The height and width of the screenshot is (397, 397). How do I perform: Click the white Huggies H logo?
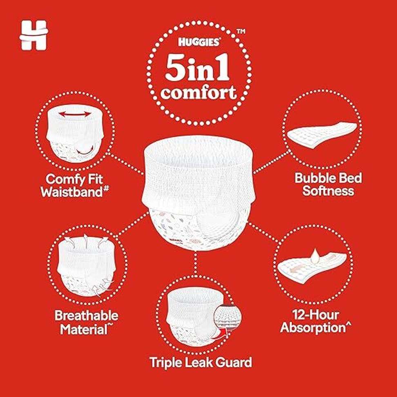[33, 35]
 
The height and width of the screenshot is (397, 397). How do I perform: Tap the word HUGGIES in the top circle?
[199, 42]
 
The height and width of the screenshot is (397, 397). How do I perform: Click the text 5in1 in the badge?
[198, 68]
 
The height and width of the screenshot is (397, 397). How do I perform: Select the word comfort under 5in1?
[199, 93]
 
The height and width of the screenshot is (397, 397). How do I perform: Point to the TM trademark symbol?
[241, 31]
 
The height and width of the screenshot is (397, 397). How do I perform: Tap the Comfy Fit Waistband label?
[75, 185]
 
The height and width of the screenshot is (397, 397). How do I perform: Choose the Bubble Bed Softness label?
[328, 184]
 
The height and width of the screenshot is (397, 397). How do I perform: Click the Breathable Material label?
[86, 323]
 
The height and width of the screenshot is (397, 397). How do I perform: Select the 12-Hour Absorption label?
[316, 321]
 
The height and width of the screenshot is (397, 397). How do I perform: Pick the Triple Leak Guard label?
[201, 362]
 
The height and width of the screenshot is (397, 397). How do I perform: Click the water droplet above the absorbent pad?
[315, 256]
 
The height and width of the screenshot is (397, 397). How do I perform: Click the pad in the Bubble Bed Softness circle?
[321, 135]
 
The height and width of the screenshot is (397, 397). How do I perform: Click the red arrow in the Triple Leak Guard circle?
[221, 334]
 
